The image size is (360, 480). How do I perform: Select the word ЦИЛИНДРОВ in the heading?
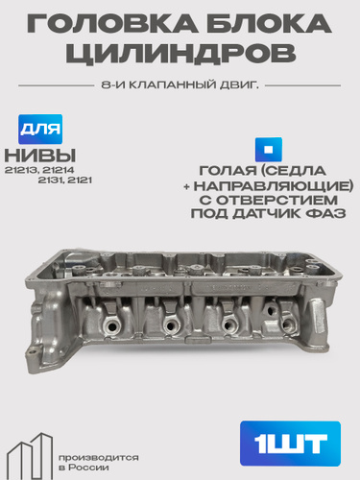point(180,53)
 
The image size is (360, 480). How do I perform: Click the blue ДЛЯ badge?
point(40,129)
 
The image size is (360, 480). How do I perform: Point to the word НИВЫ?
point(40,156)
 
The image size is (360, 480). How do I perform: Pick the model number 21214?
point(59,170)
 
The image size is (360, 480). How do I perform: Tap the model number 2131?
point(51,180)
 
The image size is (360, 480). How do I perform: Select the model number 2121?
point(80,180)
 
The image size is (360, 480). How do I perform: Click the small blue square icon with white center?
point(269,150)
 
